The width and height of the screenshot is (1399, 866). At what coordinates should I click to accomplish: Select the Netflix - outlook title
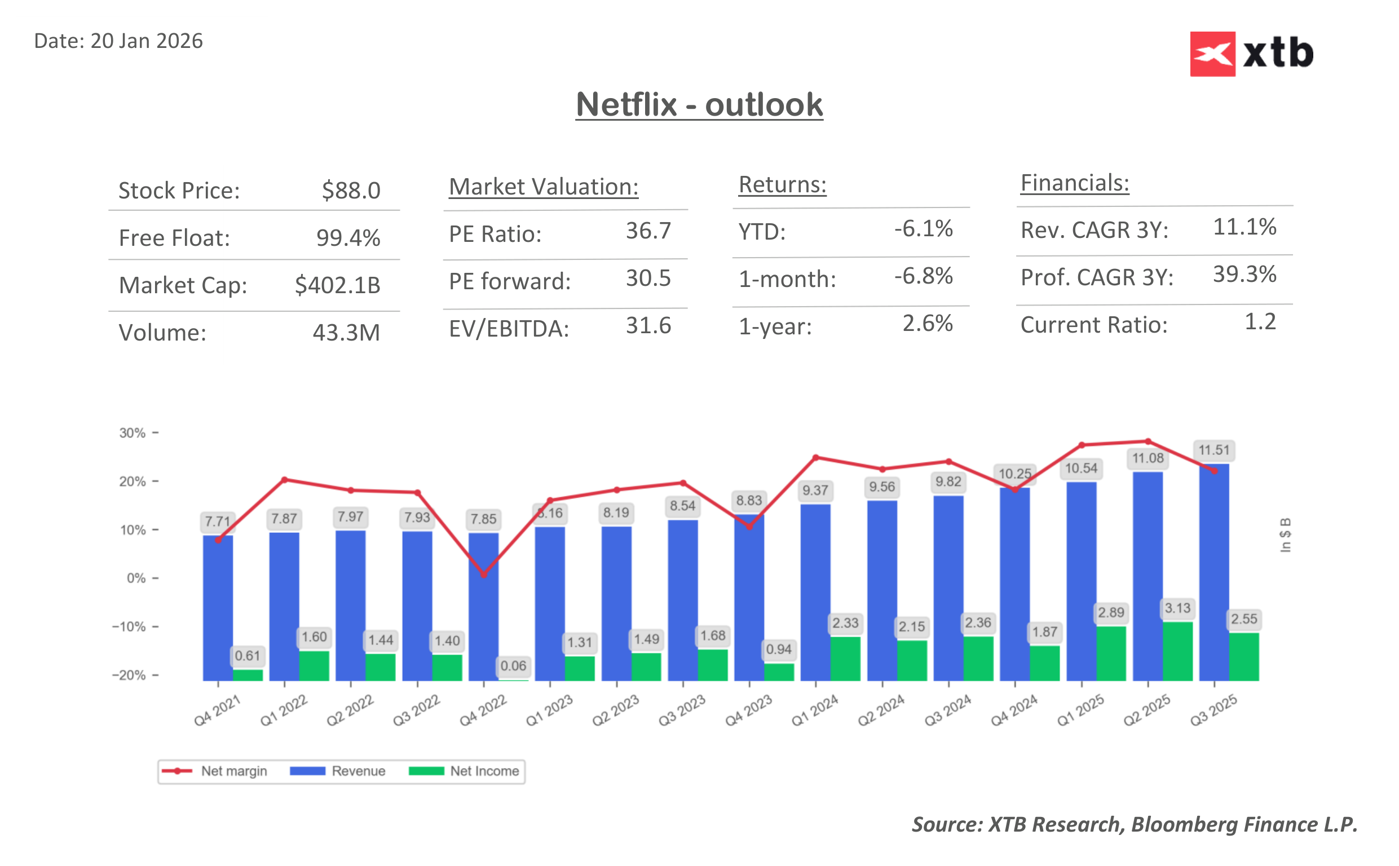(699, 105)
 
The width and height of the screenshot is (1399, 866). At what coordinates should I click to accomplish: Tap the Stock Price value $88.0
(351, 190)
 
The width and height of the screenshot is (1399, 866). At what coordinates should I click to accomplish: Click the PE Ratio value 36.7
(648, 231)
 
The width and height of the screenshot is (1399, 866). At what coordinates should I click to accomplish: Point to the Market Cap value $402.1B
(337, 285)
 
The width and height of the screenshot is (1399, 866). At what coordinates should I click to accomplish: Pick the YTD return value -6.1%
(923, 228)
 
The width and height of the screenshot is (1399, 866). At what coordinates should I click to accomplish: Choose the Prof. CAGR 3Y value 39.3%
(1244, 275)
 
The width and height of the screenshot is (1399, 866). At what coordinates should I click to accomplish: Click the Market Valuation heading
(543, 187)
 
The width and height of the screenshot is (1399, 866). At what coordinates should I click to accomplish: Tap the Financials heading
(1074, 183)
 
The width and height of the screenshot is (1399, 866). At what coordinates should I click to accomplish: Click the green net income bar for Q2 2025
(1177, 651)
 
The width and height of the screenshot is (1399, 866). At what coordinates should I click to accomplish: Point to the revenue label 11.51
(1213, 450)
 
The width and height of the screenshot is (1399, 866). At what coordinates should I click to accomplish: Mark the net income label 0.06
(513, 665)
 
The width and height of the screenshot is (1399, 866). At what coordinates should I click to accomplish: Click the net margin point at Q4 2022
(483, 574)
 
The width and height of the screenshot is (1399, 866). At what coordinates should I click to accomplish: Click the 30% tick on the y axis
(133, 433)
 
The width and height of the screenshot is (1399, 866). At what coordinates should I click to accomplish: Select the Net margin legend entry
(215, 771)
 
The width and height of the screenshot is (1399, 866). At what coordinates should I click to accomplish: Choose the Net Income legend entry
(464, 771)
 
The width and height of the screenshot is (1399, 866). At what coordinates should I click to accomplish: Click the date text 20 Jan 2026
(146, 41)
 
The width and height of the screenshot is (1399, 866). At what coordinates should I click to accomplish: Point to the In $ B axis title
(1285, 535)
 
